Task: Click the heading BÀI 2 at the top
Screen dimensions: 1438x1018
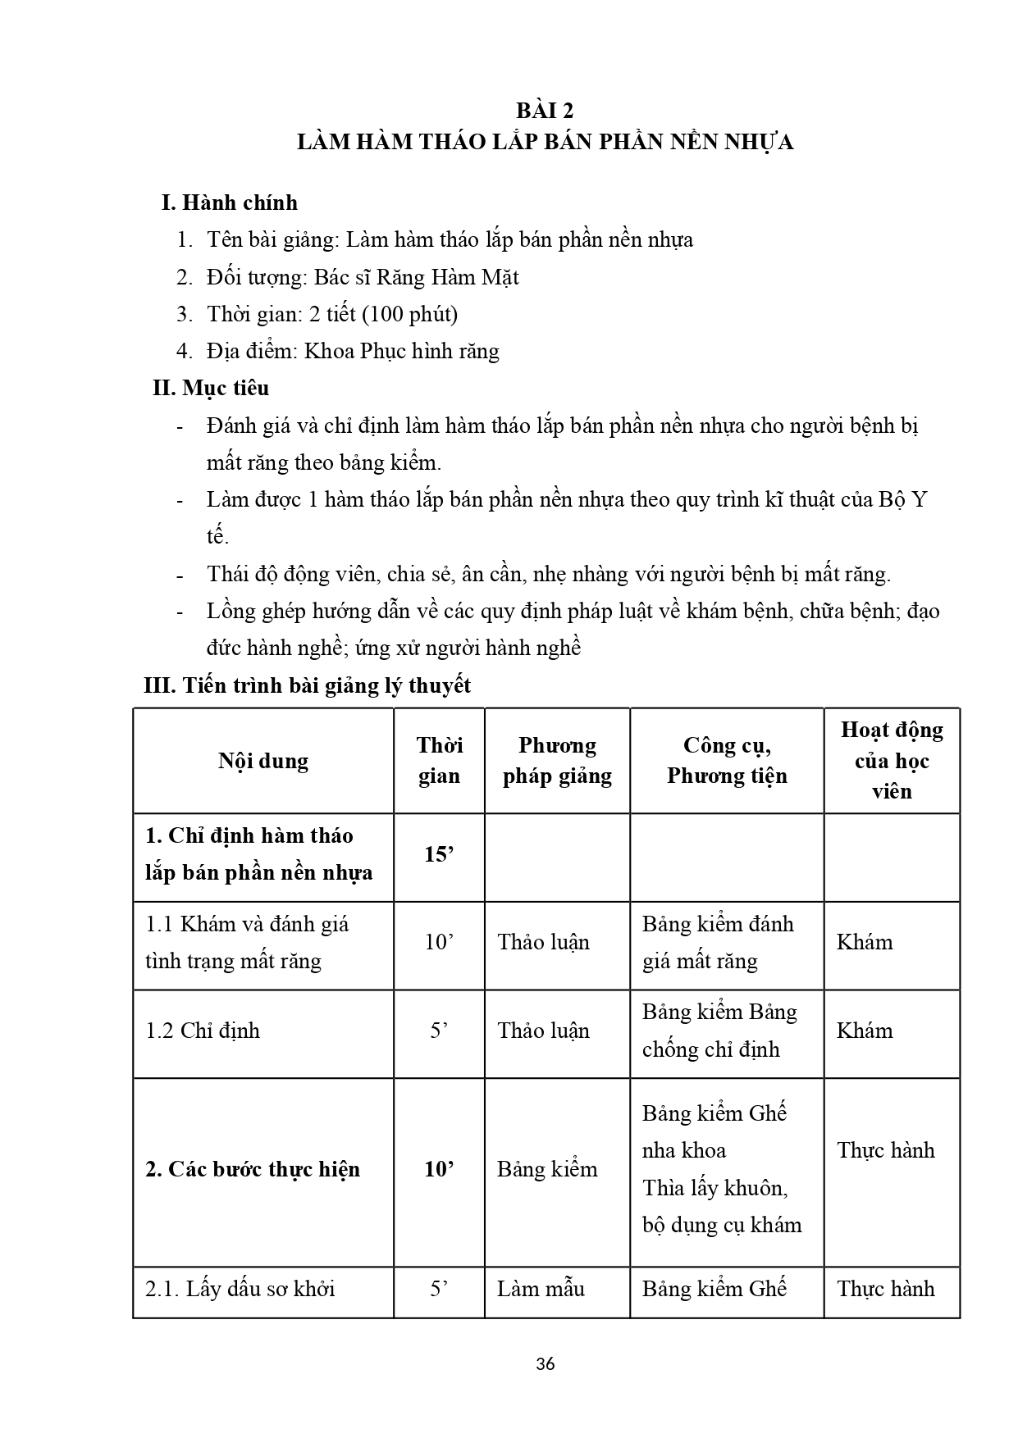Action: click(x=545, y=111)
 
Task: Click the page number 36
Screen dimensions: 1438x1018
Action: click(x=545, y=1364)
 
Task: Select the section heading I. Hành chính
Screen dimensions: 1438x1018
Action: click(x=229, y=203)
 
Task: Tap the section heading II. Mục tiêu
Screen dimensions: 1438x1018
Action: click(x=211, y=388)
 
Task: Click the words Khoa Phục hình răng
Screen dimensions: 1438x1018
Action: click(x=401, y=351)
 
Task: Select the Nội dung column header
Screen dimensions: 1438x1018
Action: click(x=263, y=761)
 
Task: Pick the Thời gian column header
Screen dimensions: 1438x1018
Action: click(x=439, y=760)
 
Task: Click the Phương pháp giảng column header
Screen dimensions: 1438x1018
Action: click(x=557, y=760)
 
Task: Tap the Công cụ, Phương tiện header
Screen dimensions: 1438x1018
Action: click(x=727, y=760)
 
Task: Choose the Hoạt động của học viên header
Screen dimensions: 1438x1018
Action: click(x=892, y=760)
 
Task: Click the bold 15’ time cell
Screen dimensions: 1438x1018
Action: click(x=439, y=854)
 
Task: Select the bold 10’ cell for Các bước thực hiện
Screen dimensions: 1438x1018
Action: click(x=439, y=1169)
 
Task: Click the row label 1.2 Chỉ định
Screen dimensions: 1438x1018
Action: click(x=203, y=1031)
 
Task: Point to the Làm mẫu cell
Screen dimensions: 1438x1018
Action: click(x=541, y=1289)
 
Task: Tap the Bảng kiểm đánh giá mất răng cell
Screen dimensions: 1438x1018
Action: click(x=718, y=943)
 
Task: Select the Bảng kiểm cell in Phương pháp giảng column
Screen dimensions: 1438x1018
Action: click(x=547, y=1169)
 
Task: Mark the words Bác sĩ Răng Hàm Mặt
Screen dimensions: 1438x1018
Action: click(x=417, y=277)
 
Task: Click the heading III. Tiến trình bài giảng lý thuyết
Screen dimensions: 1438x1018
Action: click(x=308, y=685)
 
